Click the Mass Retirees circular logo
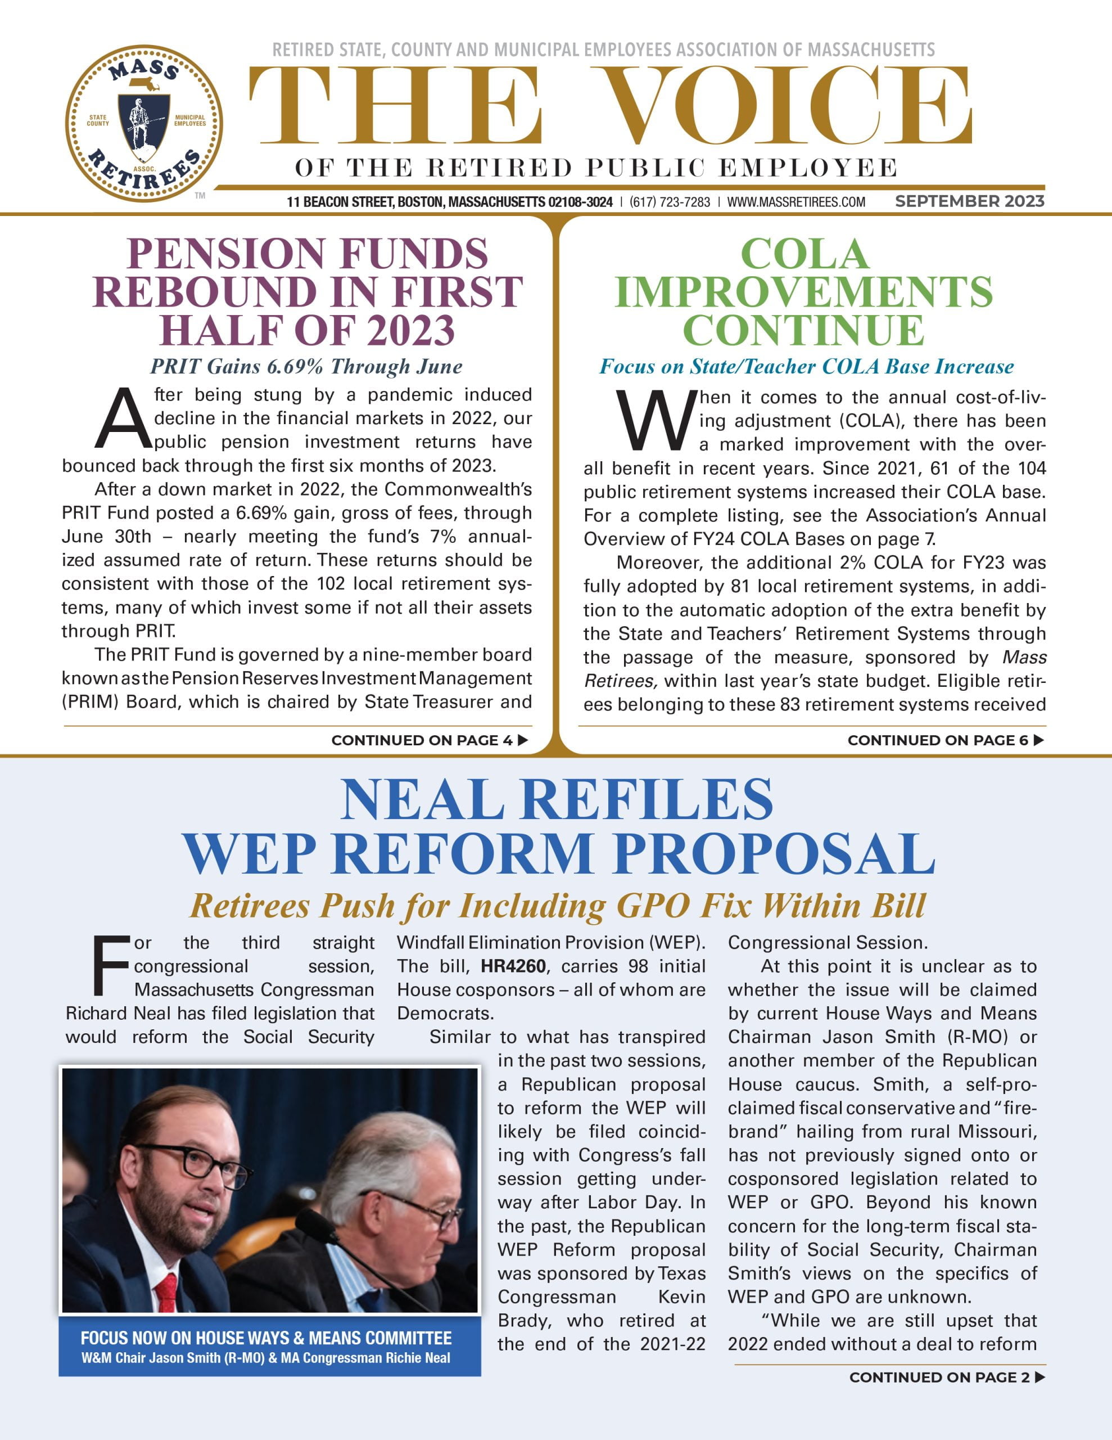tap(144, 123)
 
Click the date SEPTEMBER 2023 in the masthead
tap(969, 201)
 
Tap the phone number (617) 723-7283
tap(670, 202)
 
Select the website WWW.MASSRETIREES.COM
tap(795, 202)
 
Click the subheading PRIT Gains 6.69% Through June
tap(306, 367)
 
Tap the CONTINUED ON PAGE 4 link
tap(429, 740)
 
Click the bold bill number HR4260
tap(513, 966)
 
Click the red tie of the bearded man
tap(165, 1293)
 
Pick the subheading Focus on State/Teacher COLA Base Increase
tap(806, 367)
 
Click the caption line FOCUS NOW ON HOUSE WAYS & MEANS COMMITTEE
tap(266, 1338)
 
